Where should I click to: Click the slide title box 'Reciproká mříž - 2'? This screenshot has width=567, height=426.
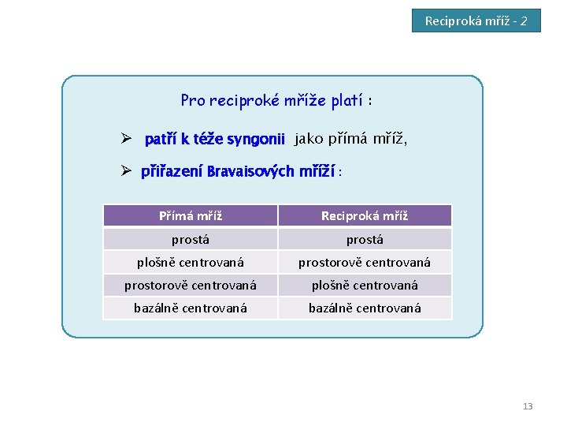coord(476,21)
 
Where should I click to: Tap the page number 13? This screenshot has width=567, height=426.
coord(528,406)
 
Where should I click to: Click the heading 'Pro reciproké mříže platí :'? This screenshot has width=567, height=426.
coord(276,101)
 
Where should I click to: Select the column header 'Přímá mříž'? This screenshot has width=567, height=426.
coord(191,215)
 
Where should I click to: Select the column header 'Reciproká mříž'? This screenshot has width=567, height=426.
coord(365,215)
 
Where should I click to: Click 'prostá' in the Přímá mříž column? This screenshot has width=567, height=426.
coord(191,239)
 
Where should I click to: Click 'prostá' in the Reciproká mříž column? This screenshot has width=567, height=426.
coord(365,239)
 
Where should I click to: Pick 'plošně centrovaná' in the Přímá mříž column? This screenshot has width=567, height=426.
coord(191,262)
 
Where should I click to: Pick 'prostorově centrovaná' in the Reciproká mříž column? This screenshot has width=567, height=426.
coord(365,262)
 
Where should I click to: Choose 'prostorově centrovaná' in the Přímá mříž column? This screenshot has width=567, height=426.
coord(191,285)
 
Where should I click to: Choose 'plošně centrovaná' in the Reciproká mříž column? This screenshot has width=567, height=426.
coord(365,285)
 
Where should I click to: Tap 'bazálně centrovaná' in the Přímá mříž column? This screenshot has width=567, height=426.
coord(191,308)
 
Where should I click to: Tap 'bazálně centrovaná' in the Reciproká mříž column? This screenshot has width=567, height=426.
coord(365,308)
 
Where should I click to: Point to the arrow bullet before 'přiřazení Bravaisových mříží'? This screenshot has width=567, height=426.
coord(124,171)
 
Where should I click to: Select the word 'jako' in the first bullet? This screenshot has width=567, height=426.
coord(309,140)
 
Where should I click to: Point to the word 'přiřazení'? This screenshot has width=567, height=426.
coord(172,171)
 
